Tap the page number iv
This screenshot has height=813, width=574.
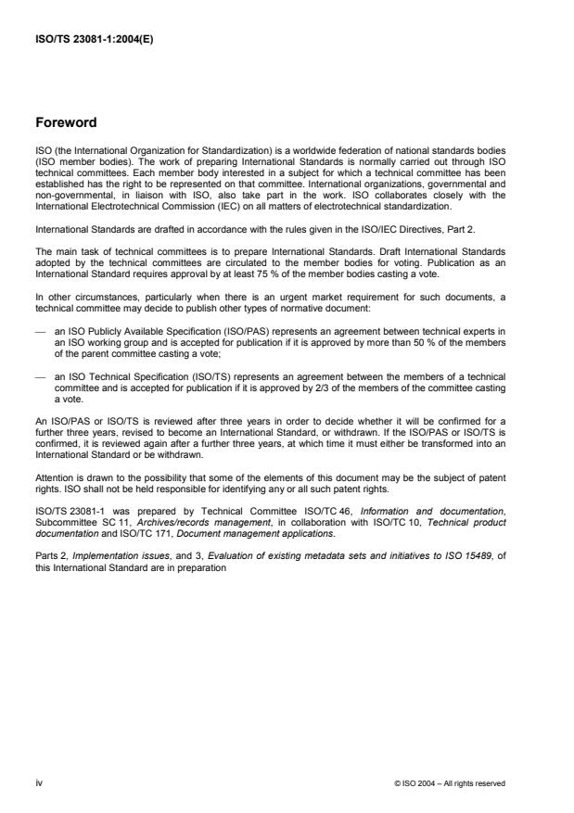click(38, 782)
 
